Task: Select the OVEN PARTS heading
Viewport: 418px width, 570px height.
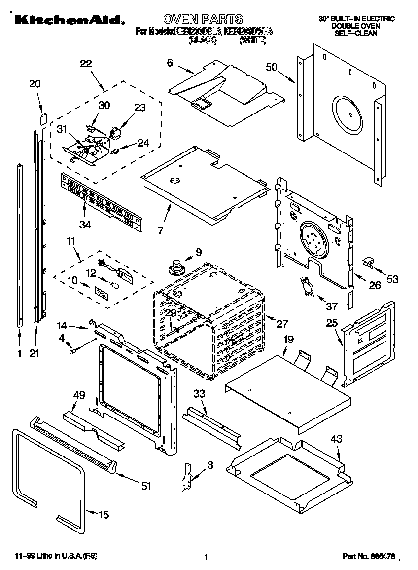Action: coord(203,19)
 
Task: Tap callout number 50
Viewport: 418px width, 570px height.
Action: coord(272,67)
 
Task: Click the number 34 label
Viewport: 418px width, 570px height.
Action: coord(85,225)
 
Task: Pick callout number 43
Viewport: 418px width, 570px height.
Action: coord(336,439)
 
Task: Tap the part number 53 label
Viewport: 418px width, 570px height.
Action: coord(392,280)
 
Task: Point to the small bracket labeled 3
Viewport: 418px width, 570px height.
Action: coord(188,475)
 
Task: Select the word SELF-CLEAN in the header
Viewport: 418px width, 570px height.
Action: coord(356,33)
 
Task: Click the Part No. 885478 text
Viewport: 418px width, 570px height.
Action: coord(369,556)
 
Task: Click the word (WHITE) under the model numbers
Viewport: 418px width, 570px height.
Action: coord(252,41)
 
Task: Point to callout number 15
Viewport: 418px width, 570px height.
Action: coord(103,515)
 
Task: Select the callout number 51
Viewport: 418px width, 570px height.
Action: coord(146,486)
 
